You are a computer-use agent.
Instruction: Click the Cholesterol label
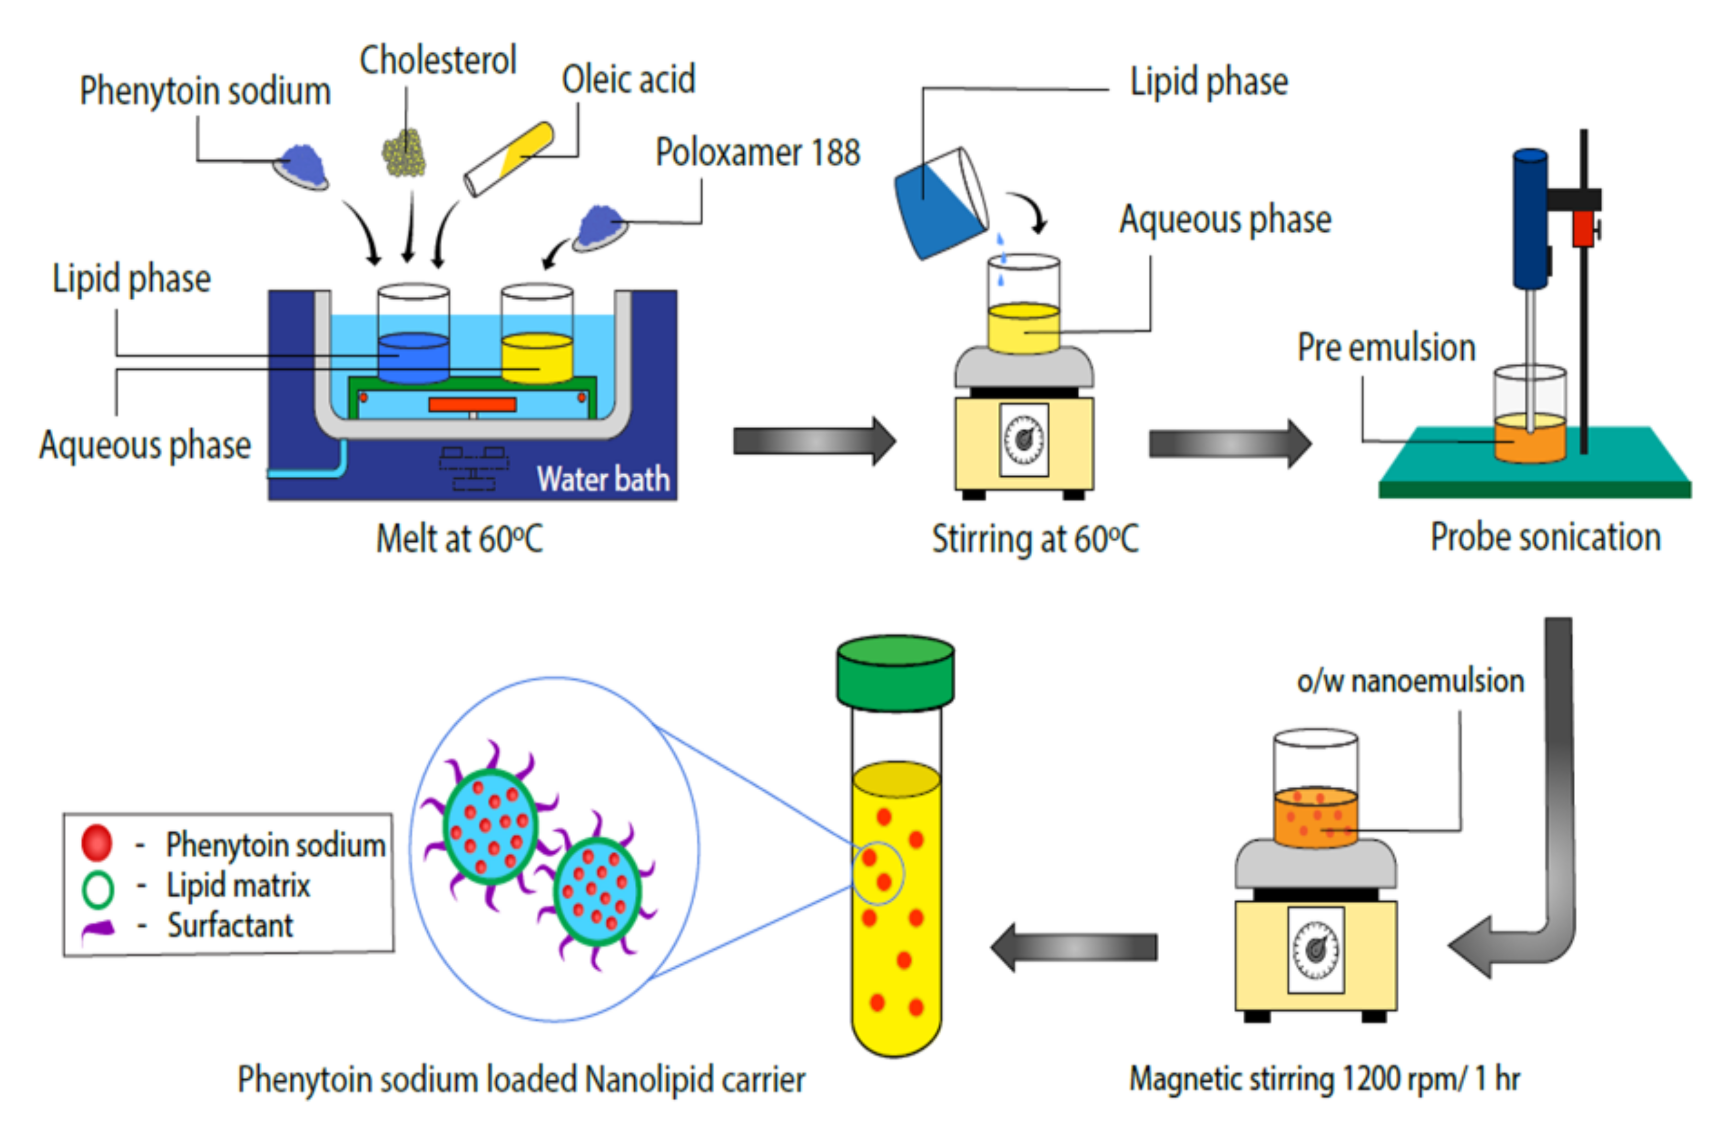click(438, 61)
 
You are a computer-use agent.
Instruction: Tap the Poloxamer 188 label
click(757, 153)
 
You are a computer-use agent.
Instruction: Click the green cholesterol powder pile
click(404, 153)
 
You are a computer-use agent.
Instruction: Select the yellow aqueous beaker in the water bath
click(537, 357)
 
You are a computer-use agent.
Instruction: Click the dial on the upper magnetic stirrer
click(1024, 439)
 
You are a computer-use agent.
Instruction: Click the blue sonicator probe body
click(1530, 219)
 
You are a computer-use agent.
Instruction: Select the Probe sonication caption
click(1545, 538)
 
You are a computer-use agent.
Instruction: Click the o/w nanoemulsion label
click(1410, 681)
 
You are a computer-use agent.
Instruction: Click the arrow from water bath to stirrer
click(814, 440)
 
